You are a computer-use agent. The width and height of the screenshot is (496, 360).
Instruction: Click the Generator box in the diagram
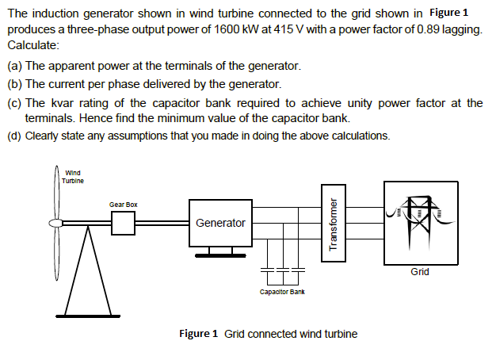[220, 223]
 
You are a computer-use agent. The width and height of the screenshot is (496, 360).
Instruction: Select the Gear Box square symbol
[124, 224]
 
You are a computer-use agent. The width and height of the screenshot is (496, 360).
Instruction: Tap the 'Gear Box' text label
[124, 205]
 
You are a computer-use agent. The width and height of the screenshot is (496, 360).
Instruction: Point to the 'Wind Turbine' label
[72, 176]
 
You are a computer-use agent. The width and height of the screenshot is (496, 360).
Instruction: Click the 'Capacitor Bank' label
[282, 292]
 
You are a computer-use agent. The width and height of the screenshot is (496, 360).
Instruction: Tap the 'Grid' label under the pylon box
[420, 272]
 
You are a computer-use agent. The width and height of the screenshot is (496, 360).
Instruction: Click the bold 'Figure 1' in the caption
[198, 333]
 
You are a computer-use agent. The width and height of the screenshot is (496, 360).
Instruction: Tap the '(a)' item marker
[14, 64]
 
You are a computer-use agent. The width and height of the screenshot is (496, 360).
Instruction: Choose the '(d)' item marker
[14, 135]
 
